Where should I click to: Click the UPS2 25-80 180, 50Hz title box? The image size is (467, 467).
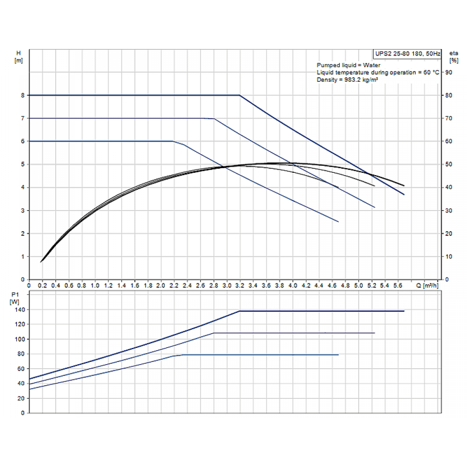pyautogui.click(x=407, y=54)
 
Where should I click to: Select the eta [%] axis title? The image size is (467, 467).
pyautogui.click(x=453, y=57)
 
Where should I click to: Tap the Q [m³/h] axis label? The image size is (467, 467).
pyautogui.click(x=427, y=285)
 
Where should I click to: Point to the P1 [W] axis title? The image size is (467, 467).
pyautogui.click(x=14, y=298)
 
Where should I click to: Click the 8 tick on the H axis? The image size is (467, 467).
pyautogui.click(x=22, y=95)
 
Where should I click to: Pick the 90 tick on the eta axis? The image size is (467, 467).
pyautogui.click(x=448, y=72)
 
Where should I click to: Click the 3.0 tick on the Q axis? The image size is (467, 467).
pyautogui.click(x=226, y=285)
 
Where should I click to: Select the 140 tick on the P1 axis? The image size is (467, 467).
pyautogui.click(x=19, y=310)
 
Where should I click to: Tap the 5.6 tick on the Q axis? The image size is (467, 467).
pyautogui.click(x=397, y=285)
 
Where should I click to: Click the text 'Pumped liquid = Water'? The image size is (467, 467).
pyautogui.click(x=348, y=65)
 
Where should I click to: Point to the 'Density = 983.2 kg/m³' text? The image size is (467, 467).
pyautogui.click(x=347, y=80)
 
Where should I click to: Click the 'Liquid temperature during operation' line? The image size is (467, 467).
pyautogui.click(x=378, y=72)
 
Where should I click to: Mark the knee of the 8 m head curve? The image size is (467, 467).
pyautogui.click(x=240, y=95)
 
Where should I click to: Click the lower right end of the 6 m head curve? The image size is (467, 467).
pyautogui.click(x=338, y=221)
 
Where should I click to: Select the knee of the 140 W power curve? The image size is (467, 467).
pyautogui.click(x=240, y=311)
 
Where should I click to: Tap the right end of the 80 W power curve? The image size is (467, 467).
pyautogui.click(x=338, y=355)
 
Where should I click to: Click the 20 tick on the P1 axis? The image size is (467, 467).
pyautogui.click(x=21, y=398)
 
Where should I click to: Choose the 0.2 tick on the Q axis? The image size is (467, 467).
pyautogui.click(x=42, y=285)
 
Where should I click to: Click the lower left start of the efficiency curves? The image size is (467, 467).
pyautogui.click(x=41, y=262)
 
